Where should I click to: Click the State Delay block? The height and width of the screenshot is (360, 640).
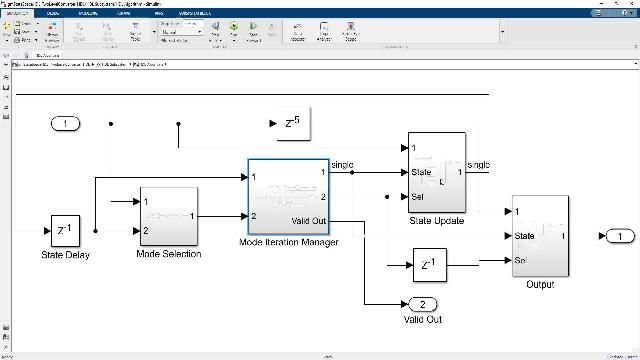click(65, 232)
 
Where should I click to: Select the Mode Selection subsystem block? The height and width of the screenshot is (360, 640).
click(168, 216)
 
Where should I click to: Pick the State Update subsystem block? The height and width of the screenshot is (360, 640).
click(437, 172)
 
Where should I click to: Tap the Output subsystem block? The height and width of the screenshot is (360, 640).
click(540, 236)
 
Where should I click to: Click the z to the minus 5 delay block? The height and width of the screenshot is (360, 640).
click(288, 123)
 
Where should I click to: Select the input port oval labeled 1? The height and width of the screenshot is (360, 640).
click(66, 123)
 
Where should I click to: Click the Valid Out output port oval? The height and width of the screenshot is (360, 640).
click(423, 304)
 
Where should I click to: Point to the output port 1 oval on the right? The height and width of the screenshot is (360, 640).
click(619, 236)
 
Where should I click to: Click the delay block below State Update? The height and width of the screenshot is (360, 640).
click(427, 265)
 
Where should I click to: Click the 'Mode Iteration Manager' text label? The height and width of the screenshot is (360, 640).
click(288, 242)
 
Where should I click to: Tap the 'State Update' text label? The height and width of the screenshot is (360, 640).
click(437, 220)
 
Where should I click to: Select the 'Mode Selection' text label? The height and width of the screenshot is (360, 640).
click(168, 254)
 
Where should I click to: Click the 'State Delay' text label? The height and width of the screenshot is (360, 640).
click(65, 255)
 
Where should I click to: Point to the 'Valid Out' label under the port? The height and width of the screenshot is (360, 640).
click(423, 320)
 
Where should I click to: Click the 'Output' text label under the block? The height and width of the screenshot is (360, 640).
click(540, 284)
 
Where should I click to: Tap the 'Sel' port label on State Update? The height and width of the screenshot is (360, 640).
click(417, 196)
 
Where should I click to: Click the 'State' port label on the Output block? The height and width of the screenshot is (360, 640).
click(525, 236)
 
